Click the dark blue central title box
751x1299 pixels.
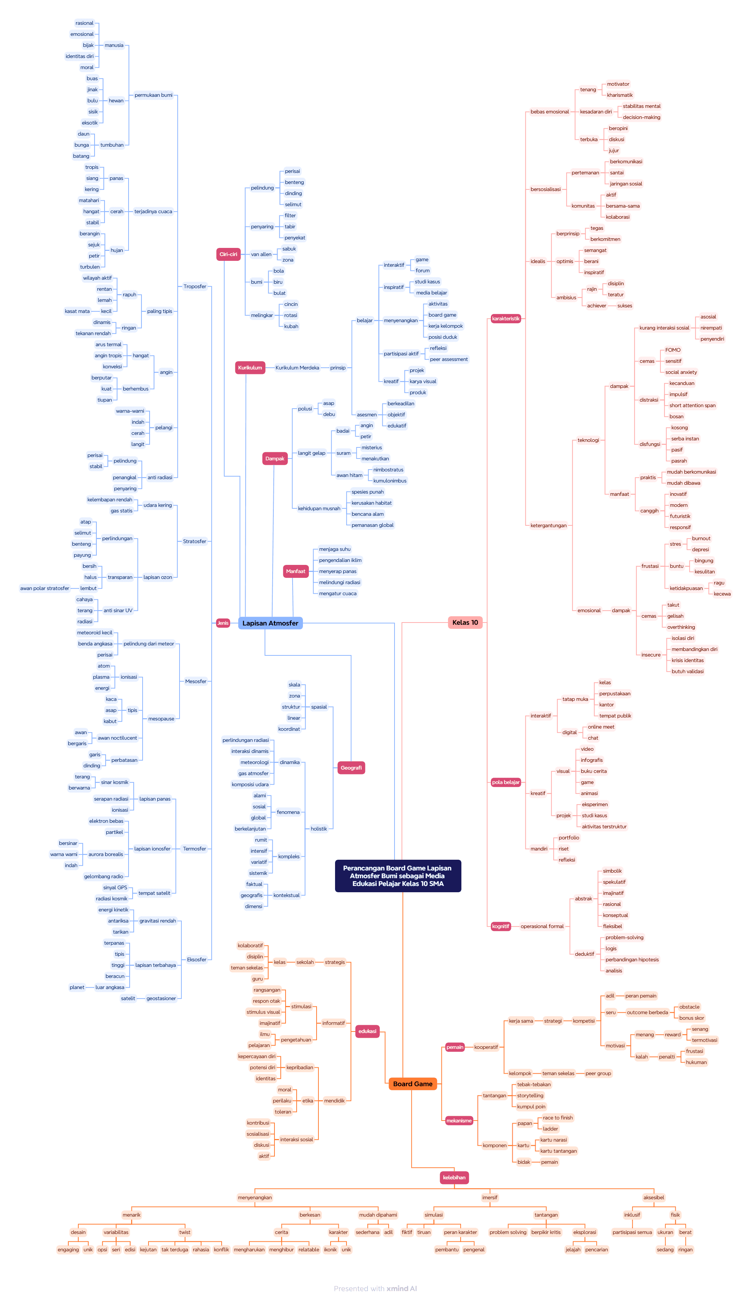[397, 875]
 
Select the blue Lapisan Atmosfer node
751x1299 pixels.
[270, 623]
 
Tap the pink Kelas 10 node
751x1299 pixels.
[465, 622]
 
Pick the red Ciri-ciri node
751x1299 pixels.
[228, 254]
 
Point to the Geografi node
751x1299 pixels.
[351, 768]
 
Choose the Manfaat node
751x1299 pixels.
[296, 571]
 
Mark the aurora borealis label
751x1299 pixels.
[106, 854]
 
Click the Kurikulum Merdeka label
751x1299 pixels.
[297, 368]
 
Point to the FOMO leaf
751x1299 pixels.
[673, 350]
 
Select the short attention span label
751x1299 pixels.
[692, 405]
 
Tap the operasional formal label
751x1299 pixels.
[542, 926]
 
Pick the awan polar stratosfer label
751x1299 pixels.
[44, 588]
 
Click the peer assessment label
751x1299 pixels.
[448, 359]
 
